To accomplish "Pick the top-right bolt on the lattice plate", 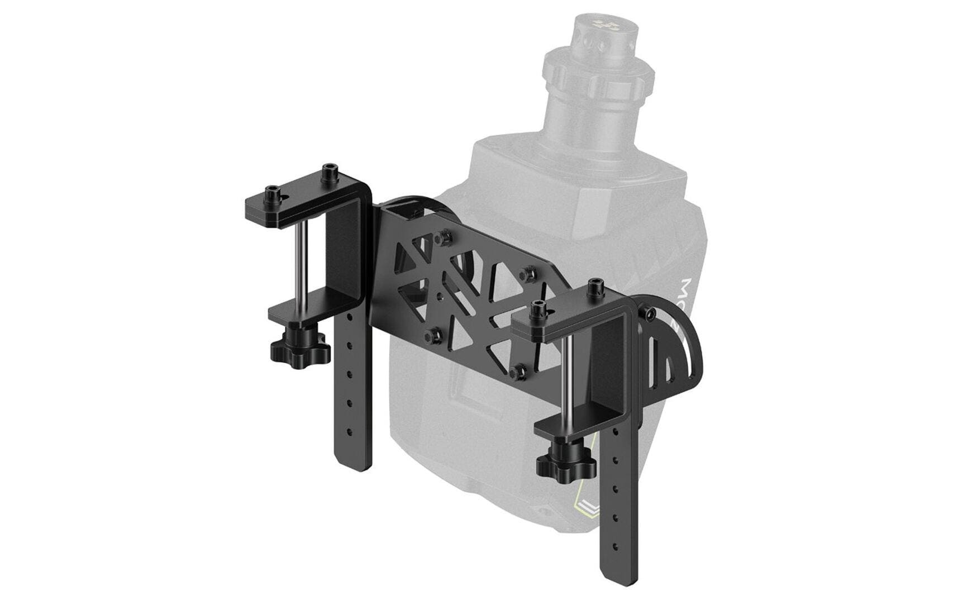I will click(526, 273).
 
